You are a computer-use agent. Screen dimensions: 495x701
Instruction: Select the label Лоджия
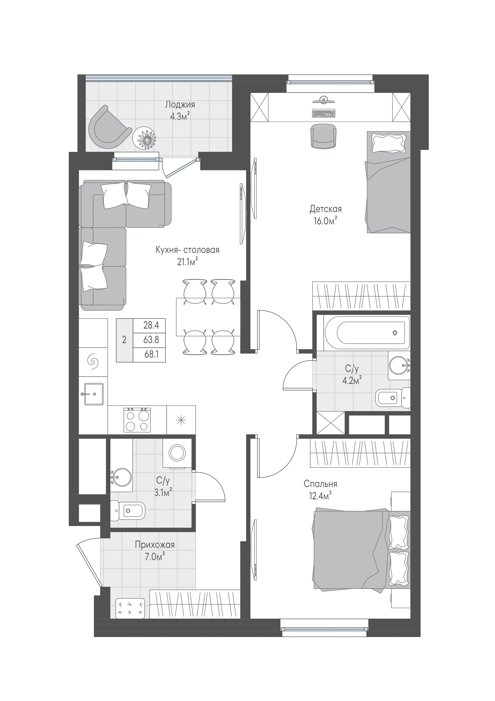tap(180, 104)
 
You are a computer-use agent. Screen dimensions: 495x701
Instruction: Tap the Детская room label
tap(325, 209)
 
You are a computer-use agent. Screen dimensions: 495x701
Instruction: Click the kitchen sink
tap(93, 394)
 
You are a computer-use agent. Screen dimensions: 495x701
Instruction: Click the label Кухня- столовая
tap(188, 250)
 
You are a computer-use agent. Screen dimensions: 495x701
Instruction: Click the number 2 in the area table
tap(124, 340)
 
